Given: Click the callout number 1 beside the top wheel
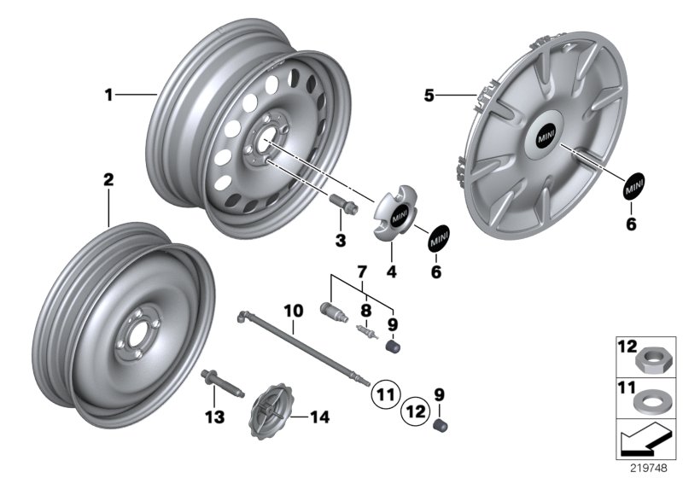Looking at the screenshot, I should click(108, 96).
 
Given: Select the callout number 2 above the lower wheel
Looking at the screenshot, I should click(108, 179).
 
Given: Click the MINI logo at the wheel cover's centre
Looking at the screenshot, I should click(545, 135).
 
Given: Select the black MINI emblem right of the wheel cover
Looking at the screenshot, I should click(633, 184).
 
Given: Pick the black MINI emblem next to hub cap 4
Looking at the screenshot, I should click(439, 237).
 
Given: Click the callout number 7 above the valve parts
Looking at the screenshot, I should click(362, 271).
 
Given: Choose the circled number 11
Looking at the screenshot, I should click(384, 394).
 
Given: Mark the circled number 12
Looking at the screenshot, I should click(416, 411).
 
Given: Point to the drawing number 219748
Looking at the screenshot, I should click(650, 469).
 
